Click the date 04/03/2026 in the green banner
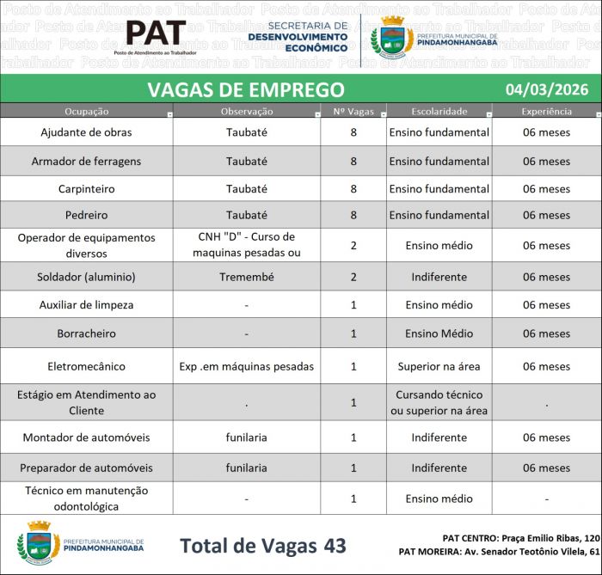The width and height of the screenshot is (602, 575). [541, 89]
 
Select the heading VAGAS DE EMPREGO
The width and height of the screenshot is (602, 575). [246, 89]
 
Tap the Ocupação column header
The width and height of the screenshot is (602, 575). [86, 112]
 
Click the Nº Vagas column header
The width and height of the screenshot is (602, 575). [352, 112]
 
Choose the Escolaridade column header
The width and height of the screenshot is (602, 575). [439, 112]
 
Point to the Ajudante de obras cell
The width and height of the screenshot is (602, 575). [86, 132]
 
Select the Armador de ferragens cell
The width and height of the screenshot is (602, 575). [86, 161]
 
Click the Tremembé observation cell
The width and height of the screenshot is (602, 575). [246, 277]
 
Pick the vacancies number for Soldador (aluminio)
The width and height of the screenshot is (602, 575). [353, 277]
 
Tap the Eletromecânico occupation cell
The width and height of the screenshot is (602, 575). [86, 366]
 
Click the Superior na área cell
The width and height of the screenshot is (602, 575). [439, 366]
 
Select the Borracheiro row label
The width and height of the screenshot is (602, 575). [86, 333]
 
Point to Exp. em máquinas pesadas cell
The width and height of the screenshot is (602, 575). [246, 366]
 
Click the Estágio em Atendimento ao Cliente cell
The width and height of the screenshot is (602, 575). [86, 402]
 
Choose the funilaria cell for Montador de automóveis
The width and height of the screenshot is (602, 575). [246, 437]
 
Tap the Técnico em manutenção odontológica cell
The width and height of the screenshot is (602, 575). [86, 498]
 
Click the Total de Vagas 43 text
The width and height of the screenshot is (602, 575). [263, 546]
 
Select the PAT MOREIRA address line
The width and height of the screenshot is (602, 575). [499, 552]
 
